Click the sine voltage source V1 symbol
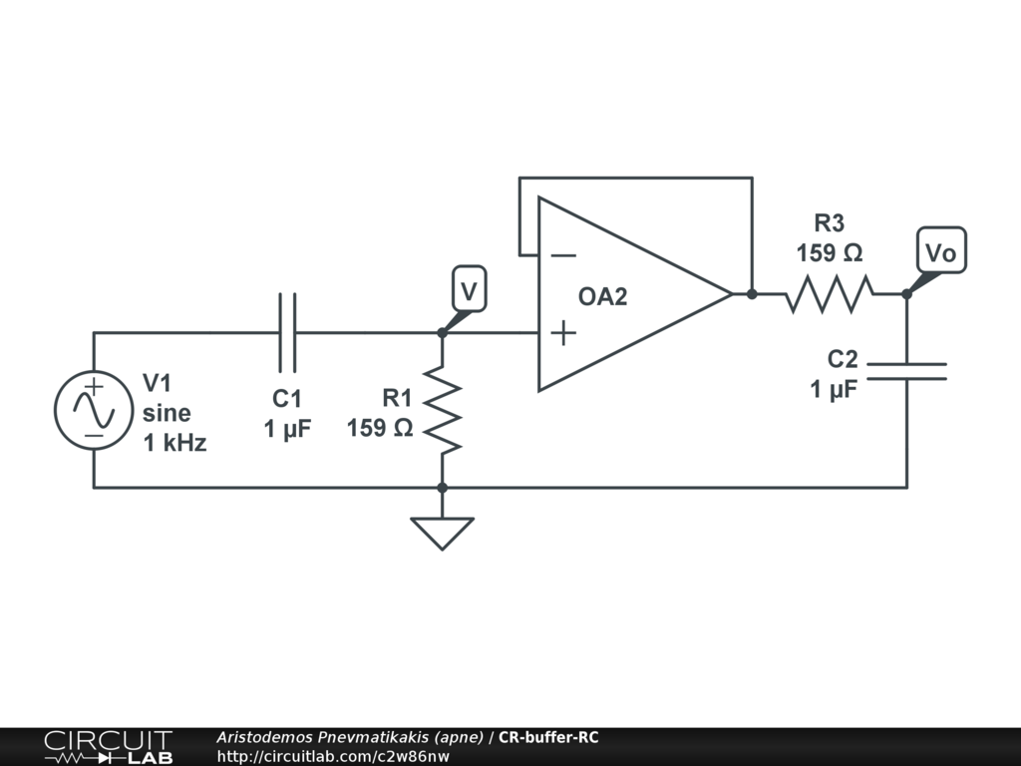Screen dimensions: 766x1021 coord(94,410)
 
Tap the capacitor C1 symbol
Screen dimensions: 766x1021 coord(287,332)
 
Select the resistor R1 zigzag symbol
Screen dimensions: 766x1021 coord(442,409)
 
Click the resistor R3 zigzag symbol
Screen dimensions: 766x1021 coord(830,294)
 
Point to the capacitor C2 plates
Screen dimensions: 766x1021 coord(906,372)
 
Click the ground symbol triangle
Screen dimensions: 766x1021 coord(442,532)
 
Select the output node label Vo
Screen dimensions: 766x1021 coord(940,253)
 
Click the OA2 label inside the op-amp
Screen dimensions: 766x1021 coord(603,296)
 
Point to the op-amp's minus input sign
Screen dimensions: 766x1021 coord(563,255)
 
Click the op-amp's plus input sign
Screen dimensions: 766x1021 coord(563,332)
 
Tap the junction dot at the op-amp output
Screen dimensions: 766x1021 coord(752,294)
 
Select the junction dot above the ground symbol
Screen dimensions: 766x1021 coord(442,488)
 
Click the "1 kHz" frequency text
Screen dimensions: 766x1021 coord(175,443)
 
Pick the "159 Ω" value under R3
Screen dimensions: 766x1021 coord(830,253)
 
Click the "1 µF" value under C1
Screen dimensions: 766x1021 coord(287,429)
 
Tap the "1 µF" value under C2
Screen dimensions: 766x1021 coord(834,389)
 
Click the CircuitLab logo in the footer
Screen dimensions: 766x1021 coord(108,746)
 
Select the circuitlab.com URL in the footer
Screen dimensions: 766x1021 coord(333,756)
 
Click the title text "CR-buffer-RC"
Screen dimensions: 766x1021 coord(548,738)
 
